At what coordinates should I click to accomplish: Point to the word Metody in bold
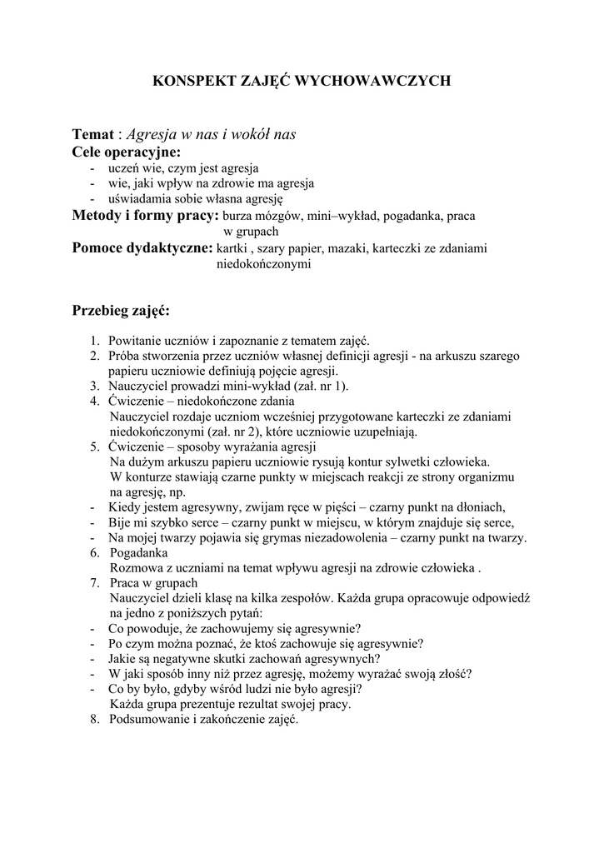[x=98, y=216]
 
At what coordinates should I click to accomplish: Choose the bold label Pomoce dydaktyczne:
[x=142, y=247]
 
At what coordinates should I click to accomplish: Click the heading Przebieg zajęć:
[x=120, y=311]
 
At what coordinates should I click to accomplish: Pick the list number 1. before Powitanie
[x=96, y=341]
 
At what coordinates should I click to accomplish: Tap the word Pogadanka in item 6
[x=138, y=553]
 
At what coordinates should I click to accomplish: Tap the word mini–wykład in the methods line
[x=342, y=217]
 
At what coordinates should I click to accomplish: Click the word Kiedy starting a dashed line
[x=124, y=507]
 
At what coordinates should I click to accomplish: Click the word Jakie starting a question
[x=124, y=658]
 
